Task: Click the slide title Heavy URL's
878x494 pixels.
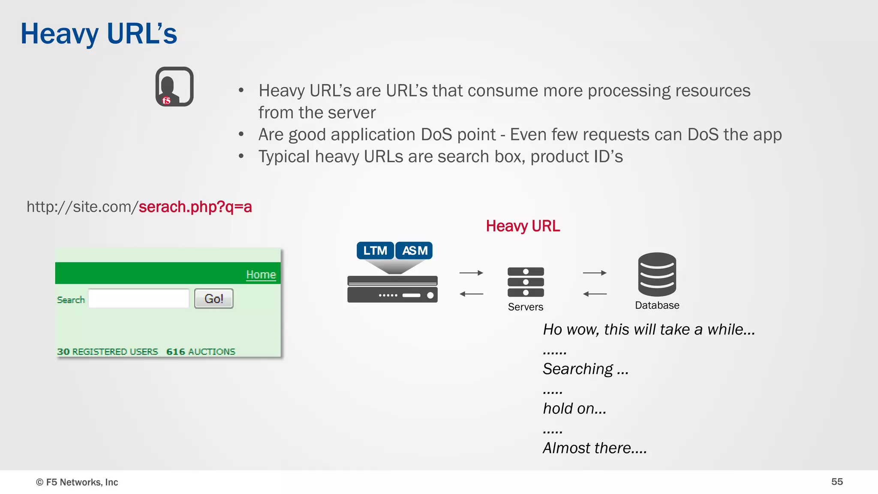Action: pos(99,34)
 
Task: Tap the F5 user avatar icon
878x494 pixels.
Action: pos(174,87)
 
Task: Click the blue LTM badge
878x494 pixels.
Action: pos(375,250)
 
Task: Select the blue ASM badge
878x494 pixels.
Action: pos(414,250)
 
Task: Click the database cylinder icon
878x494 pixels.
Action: pos(657,274)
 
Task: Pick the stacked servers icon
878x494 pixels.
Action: pos(526,282)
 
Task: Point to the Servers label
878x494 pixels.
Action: pos(526,307)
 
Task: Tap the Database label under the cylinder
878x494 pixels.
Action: pos(657,305)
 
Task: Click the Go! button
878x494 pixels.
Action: pos(213,298)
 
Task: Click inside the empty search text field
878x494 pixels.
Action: pos(138,298)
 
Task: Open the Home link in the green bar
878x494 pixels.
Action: pos(261,274)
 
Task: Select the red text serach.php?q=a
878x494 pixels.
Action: pos(195,207)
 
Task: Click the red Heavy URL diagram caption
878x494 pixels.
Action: pos(523,226)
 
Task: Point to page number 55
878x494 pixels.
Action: pos(837,482)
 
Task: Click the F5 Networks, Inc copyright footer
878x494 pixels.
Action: pos(77,482)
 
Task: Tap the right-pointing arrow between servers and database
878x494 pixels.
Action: pos(595,273)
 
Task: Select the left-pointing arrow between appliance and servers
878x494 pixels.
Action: pos(471,294)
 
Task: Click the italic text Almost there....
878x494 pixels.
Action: pos(595,448)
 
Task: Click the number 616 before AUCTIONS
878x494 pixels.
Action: pos(176,352)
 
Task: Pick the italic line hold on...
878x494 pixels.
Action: pos(574,409)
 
